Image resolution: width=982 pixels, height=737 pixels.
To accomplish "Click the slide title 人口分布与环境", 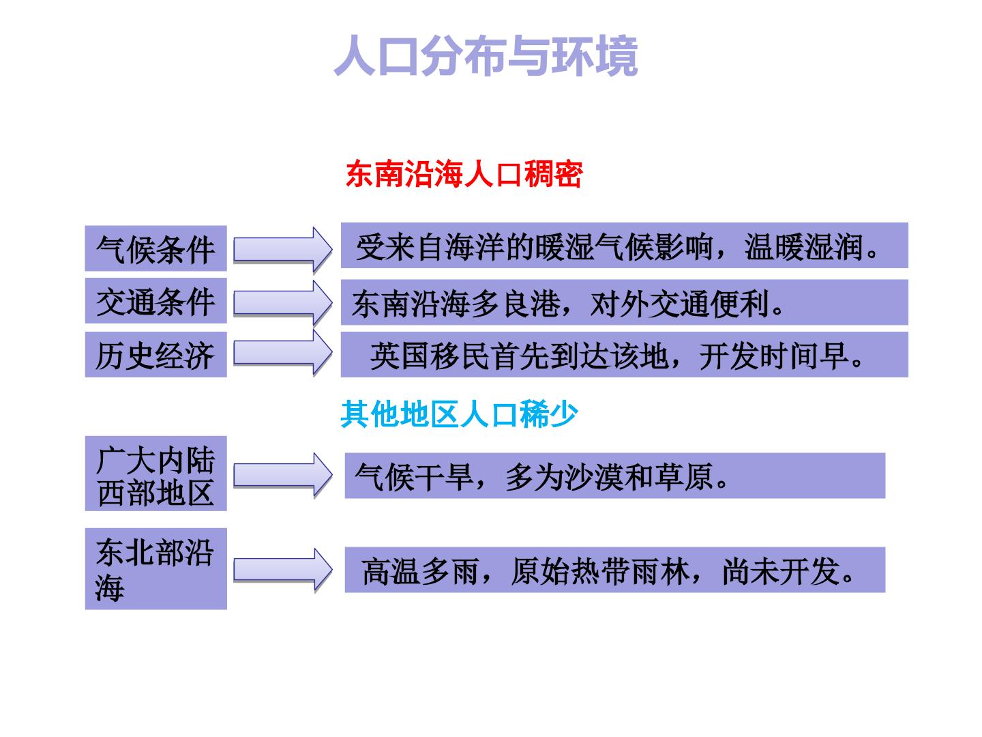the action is tap(486, 55).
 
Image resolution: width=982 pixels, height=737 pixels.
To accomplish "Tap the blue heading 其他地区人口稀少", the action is tap(460, 414).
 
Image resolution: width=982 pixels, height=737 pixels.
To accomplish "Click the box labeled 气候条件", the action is tap(155, 248).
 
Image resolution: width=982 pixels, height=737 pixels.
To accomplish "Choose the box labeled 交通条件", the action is tap(155, 300).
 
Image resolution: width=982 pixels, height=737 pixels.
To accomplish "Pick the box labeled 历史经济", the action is tap(155, 354).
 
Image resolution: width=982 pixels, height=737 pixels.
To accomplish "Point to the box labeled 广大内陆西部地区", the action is tap(155, 474).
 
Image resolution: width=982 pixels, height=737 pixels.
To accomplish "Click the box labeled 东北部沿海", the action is tap(155, 568).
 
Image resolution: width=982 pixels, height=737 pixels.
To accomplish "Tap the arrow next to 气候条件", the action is tap(283, 249).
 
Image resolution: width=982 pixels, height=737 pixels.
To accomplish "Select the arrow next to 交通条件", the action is tap(283, 302).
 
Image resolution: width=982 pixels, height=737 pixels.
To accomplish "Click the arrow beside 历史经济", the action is tap(283, 352).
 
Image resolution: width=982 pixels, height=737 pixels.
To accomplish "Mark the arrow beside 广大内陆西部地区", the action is tap(283, 475).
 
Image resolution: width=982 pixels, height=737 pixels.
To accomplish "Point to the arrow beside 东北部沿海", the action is tap(283, 570).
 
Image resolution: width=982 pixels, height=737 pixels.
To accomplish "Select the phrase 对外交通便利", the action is tap(679, 304).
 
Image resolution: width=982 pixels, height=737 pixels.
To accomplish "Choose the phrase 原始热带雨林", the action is tap(600, 571).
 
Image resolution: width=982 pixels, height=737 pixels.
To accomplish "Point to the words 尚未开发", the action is tap(781, 571).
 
